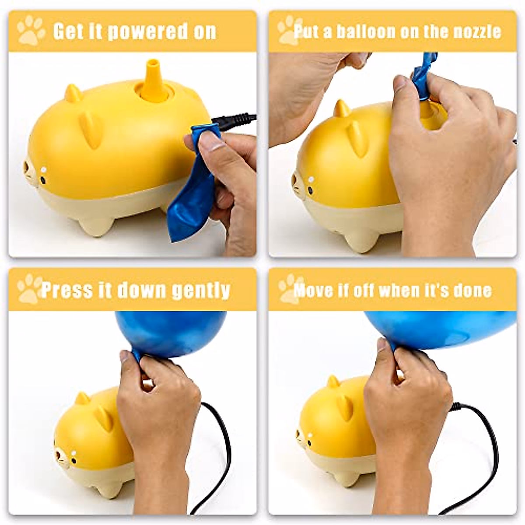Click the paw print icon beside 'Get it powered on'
[31, 30]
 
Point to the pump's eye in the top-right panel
[311, 180]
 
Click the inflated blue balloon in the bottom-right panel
[442, 328]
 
